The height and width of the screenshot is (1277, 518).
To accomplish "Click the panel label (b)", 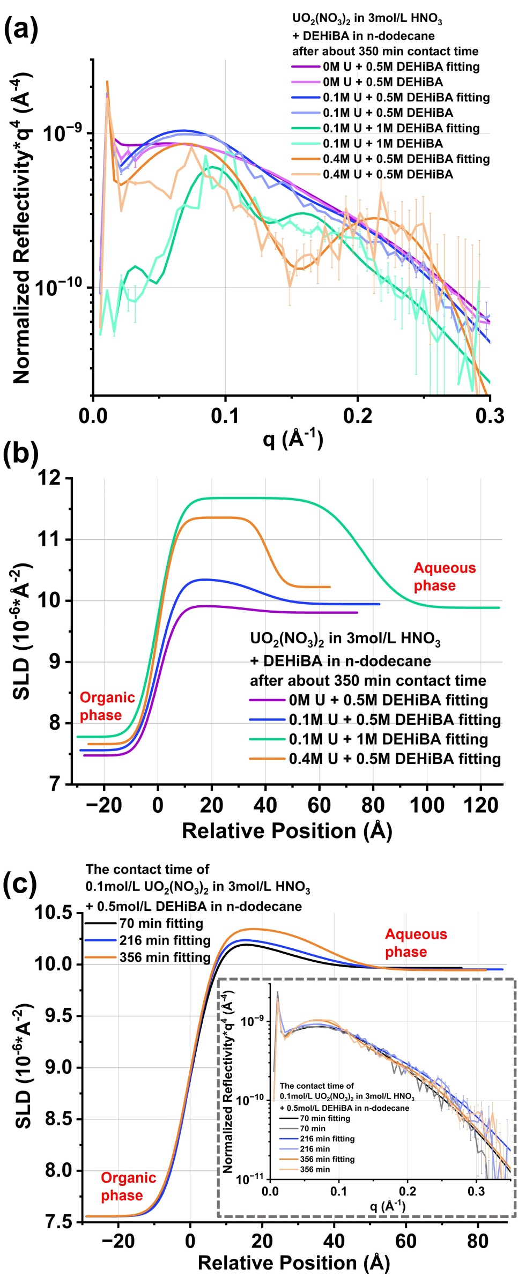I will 21,454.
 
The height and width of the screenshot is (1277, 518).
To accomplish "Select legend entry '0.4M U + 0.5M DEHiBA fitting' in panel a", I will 406,159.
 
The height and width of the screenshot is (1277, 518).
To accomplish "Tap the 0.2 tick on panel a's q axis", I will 357,416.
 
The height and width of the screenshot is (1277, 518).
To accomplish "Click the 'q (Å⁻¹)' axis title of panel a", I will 292,440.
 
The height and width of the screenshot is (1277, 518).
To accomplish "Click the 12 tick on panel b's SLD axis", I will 49,478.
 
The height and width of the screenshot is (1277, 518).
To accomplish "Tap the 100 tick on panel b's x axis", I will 427,805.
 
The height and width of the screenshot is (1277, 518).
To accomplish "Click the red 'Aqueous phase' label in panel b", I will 445,577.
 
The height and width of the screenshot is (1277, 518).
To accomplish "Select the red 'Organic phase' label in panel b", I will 107,706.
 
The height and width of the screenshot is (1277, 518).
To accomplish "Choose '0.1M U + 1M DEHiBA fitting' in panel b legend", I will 388,739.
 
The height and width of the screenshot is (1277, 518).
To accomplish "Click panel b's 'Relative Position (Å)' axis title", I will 287,831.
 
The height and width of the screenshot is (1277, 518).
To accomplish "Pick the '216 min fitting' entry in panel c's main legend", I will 165,940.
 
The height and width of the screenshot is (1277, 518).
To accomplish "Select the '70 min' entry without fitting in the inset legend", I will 312,1128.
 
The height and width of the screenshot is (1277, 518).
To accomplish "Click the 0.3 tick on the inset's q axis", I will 476,1191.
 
